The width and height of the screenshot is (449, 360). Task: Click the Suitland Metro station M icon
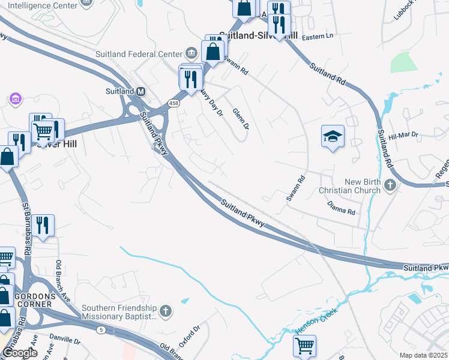(x=141, y=91)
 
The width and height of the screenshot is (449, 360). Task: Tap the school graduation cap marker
(x=332, y=137)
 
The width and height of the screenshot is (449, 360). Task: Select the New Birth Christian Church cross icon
(x=390, y=185)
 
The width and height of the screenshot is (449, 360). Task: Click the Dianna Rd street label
(x=342, y=208)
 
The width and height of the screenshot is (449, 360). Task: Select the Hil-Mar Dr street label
(x=403, y=136)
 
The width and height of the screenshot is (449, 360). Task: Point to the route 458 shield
(x=173, y=103)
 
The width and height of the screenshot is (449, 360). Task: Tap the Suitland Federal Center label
(x=139, y=54)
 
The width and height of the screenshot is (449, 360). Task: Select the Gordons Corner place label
(x=36, y=302)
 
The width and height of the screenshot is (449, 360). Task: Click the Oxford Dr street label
(x=192, y=336)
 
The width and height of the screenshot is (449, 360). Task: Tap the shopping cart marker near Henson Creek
(x=304, y=345)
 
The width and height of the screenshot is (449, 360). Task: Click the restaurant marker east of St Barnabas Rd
(x=43, y=226)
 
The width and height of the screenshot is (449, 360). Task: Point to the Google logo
(x=20, y=353)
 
